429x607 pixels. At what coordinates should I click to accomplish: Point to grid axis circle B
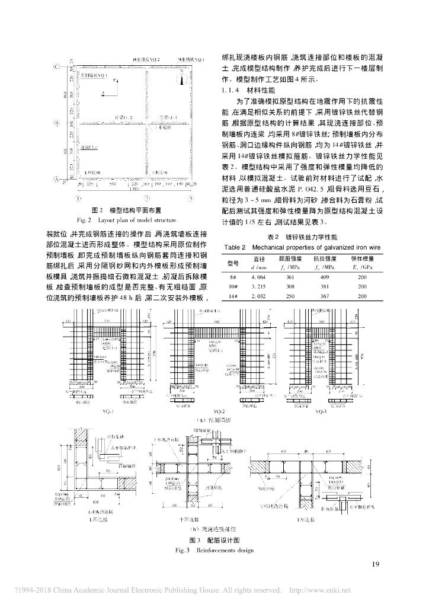(x=55, y=123)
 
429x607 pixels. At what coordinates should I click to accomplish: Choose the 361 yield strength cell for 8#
(x=290, y=276)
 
